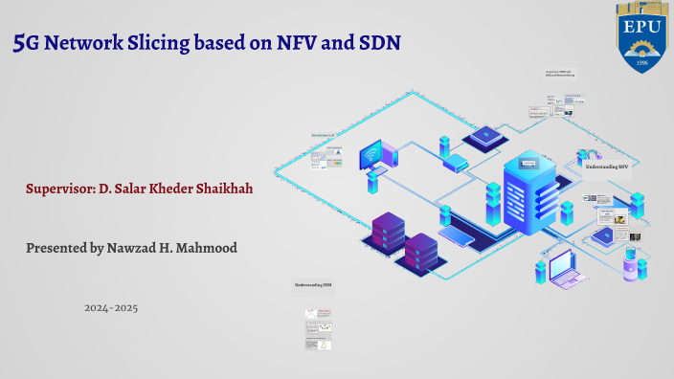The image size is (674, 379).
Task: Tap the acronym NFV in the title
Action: pyautogui.click(x=303, y=42)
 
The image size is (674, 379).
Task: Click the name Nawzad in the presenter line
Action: pyautogui.click(x=142, y=248)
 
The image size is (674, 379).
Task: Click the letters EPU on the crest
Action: pyautogui.click(x=641, y=28)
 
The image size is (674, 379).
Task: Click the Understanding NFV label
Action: pyautogui.click(x=606, y=166)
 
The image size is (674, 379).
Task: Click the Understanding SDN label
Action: pyautogui.click(x=313, y=284)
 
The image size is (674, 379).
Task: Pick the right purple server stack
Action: pyautogui.click(x=421, y=252)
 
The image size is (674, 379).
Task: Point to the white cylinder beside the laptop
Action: pyautogui.click(x=629, y=262)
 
